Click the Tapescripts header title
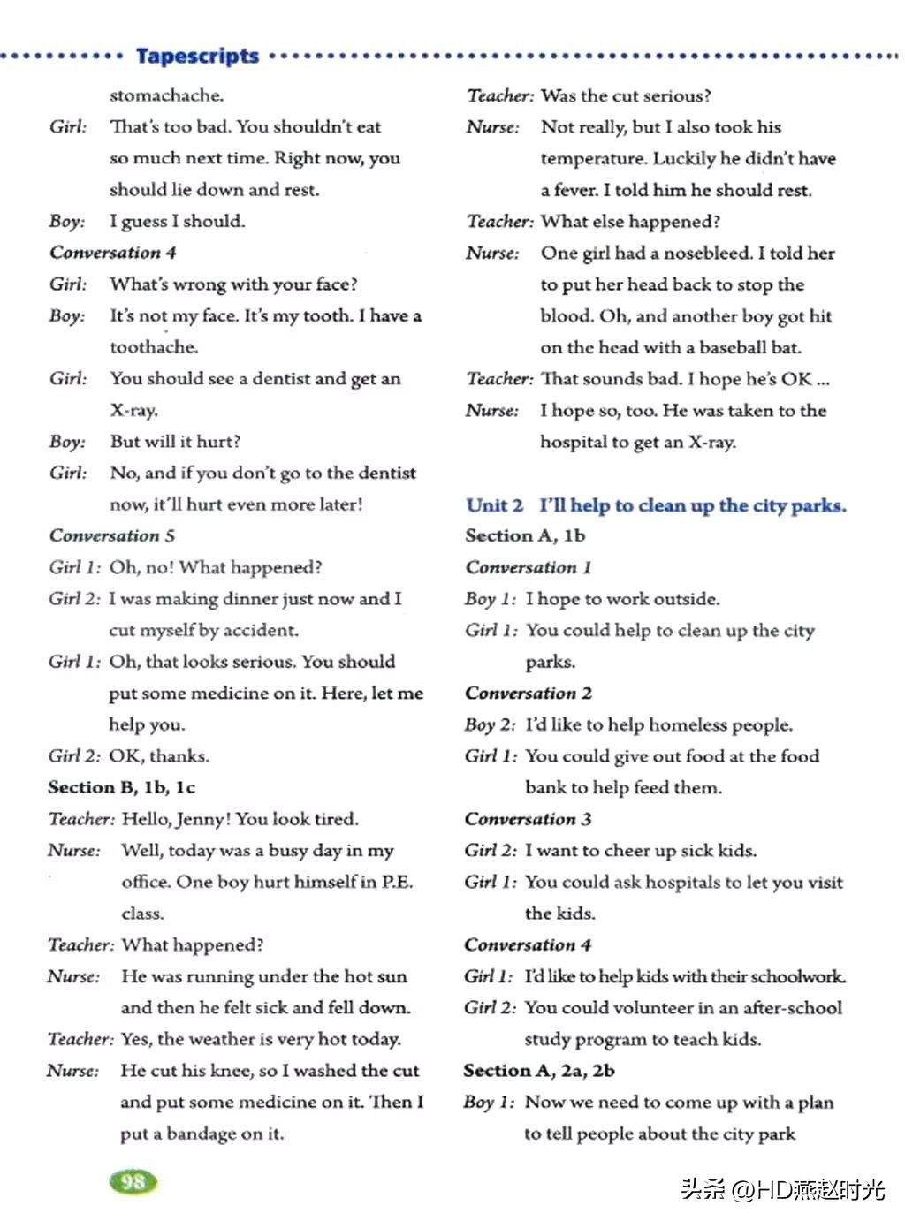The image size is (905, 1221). click(197, 57)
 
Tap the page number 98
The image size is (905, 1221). click(133, 1181)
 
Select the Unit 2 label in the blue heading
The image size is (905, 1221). click(494, 505)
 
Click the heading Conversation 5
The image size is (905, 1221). click(112, 535)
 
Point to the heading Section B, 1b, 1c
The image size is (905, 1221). click(121, 787)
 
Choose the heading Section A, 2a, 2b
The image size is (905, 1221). click(538, 1071)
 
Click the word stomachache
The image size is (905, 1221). click(166, 95)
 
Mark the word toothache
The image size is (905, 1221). click(154, 347)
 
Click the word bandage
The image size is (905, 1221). click(202, 1134)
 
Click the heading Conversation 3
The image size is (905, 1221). click(528, 819)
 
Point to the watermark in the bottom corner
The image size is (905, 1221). click(782, 1189)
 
